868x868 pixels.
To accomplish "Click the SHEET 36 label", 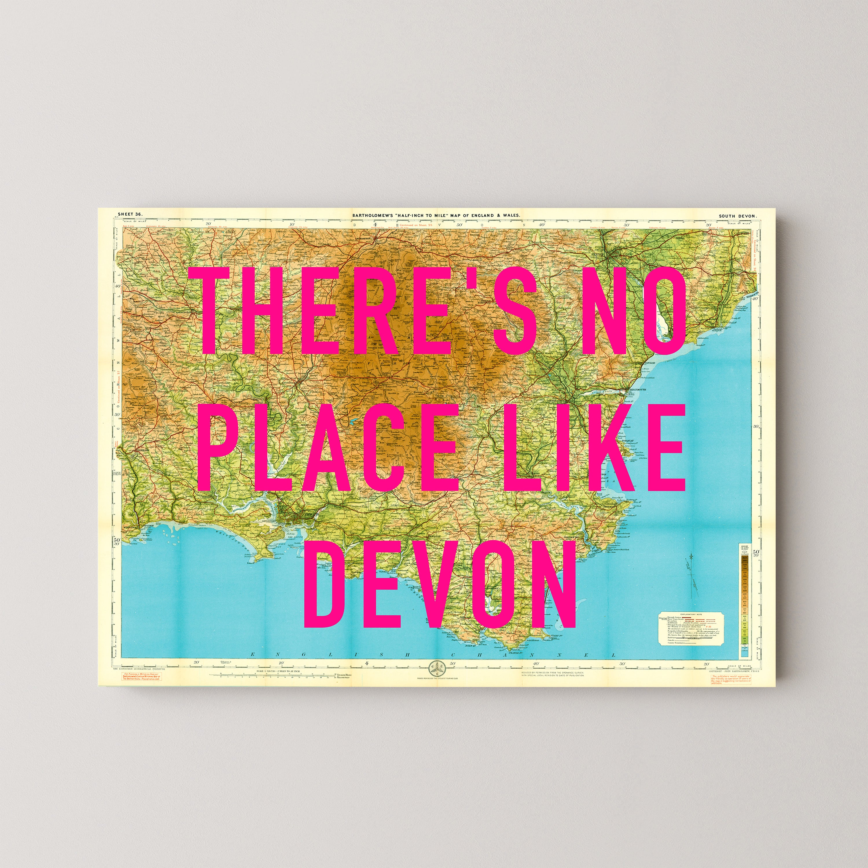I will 130,214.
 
